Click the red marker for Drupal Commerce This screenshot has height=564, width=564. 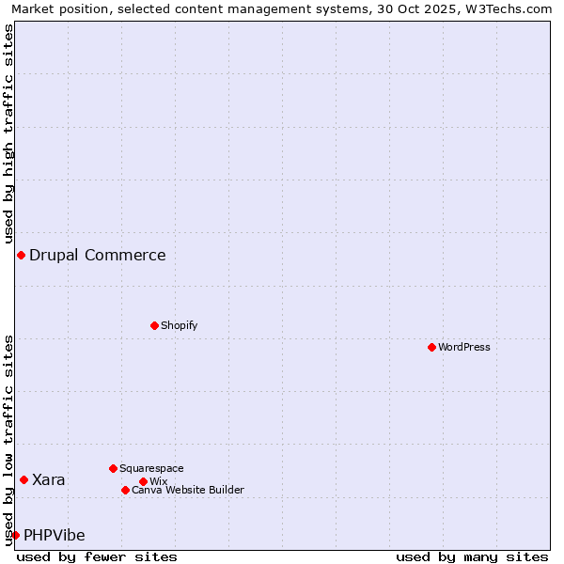click(21, 256)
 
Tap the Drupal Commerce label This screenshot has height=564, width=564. click(98, 255)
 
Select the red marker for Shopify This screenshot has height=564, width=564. click(154, 325)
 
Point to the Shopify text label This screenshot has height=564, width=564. click(179, 325)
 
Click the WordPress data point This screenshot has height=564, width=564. click(431, 347)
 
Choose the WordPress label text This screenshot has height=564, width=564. click(463, 347)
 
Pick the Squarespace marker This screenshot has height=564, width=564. click(113, 468)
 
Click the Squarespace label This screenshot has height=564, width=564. click(151, 468)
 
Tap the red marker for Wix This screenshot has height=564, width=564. click(143, 481)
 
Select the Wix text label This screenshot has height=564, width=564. click(158, 481)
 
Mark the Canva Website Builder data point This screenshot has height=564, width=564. click(125, 490)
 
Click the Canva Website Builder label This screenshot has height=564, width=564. click(187, 490)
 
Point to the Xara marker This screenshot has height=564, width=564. click(23, 479)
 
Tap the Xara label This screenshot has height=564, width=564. click(49, 479)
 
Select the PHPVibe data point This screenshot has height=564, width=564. click(15, 535)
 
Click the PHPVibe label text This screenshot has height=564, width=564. click(55, 535)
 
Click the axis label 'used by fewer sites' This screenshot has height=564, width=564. click(97, 556)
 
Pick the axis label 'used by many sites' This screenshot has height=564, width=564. click(472, 556)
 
